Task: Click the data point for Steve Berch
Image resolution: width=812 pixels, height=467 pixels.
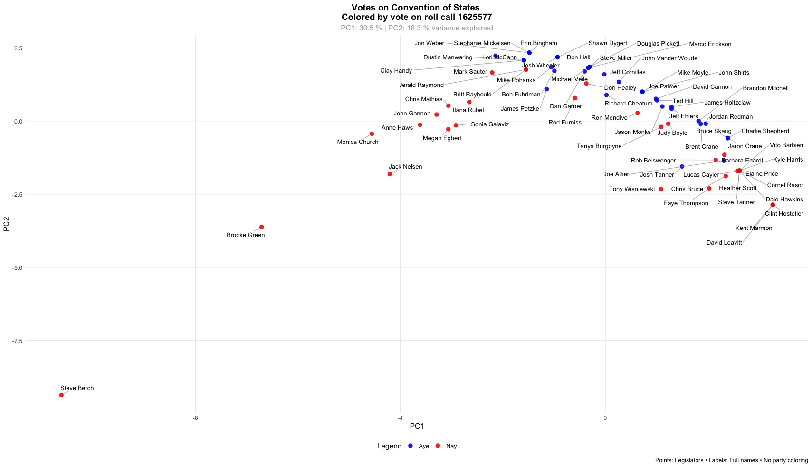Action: coord(61,395)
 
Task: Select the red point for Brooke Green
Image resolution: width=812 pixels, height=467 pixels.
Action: coord(261,227)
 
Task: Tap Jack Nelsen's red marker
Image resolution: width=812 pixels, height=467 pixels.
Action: coord(390,174)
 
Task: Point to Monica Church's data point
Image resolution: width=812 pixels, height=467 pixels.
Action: coord(372,134)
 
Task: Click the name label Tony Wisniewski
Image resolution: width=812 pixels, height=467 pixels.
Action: coord(631,189)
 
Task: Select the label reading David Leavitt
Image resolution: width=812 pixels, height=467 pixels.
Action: coord(724,243)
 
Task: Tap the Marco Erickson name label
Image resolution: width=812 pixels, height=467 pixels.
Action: coord(710,44)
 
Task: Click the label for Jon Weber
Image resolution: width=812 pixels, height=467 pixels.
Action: coord(429,43)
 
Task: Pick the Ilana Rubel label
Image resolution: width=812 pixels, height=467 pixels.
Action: coord(468,110)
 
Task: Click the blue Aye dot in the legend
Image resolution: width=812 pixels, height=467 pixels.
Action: coord(411,446)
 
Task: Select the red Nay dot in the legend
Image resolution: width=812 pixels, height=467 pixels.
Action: coord(438,446)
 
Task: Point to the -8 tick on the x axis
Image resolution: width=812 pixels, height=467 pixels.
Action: coord(195,418)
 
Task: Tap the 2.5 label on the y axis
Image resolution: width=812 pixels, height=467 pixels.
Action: coord(18,48)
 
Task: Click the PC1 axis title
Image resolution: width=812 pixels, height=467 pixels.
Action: coord(417,426)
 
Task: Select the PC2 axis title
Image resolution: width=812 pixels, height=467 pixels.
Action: coord(7,224)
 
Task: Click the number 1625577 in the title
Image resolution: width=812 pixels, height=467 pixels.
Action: coord(474,17)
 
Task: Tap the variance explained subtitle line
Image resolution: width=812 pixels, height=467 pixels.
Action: coord(417,28)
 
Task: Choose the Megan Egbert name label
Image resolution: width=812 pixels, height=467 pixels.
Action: coord(442,138)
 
